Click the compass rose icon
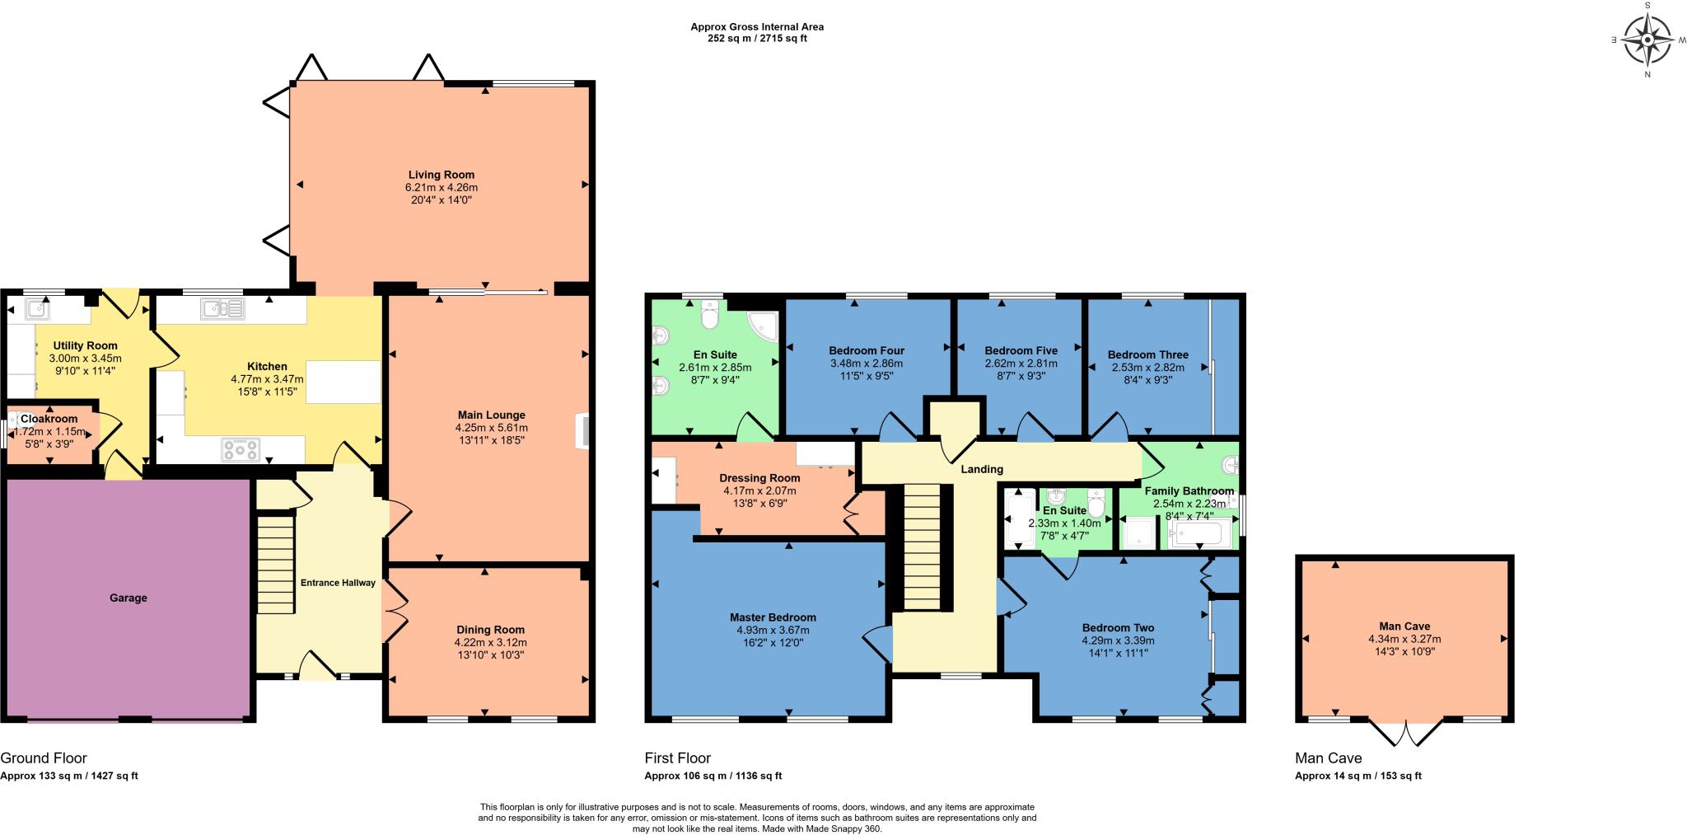pyautogui.click(x=1647, y=40)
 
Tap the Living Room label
pyautogui.click(x=442, y=175)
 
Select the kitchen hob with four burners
pyautogui.click(x=241, y=450)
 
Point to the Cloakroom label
pyautogui.click(x=49, y=419)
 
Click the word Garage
pyautogui.click(x=129, y=598)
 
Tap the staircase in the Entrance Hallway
pyautogui.click(x=277, y=564)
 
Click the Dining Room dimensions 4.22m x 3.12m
pyautogui.click(x=490, y=642)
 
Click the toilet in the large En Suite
pyautogui.click(x=710, y=313)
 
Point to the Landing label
pyautogui.click(x=982, y=469)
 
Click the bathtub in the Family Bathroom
pyautogui.click(x=1199, y=534)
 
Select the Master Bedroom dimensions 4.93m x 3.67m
pyautogui.click(x=773, y=630)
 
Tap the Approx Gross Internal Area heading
pyautogui.click(x=756, y=26)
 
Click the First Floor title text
pyautogui.click(x=677, y=758)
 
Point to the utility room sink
pyautogui.click(x=37, y=309)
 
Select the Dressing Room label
pyautogui.click(x=759, y=478)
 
